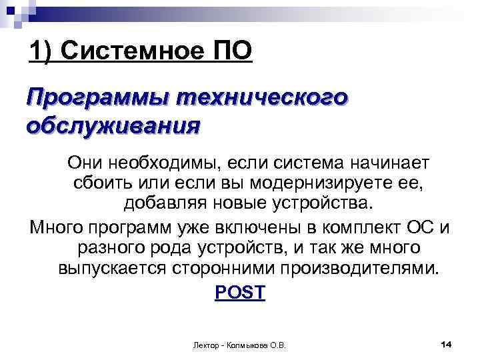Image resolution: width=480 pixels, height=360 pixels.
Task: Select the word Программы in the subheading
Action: click(97, 99)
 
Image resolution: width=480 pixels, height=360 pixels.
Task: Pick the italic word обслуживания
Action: click(112, 126)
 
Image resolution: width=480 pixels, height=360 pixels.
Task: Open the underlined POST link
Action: click(240, 292)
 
